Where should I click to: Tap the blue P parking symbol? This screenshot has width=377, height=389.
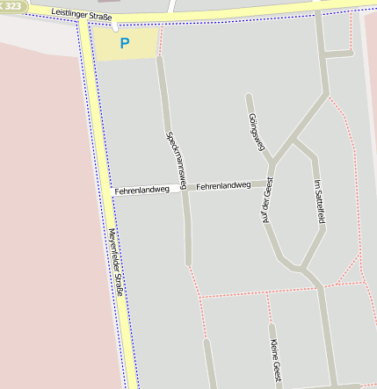click(125, 42)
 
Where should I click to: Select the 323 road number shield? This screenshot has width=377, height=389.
click(11, 5)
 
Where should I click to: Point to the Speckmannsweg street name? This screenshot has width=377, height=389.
click(176, 159)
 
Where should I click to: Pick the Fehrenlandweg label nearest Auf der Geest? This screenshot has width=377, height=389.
click(223, 186)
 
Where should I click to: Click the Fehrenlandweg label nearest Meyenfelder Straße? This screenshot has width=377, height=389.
click(141, 190)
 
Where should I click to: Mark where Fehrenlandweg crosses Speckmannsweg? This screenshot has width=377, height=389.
click(183, 188)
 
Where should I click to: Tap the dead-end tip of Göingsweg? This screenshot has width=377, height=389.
click(249, 96)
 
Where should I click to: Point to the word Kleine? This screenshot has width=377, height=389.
click(274, 349)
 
